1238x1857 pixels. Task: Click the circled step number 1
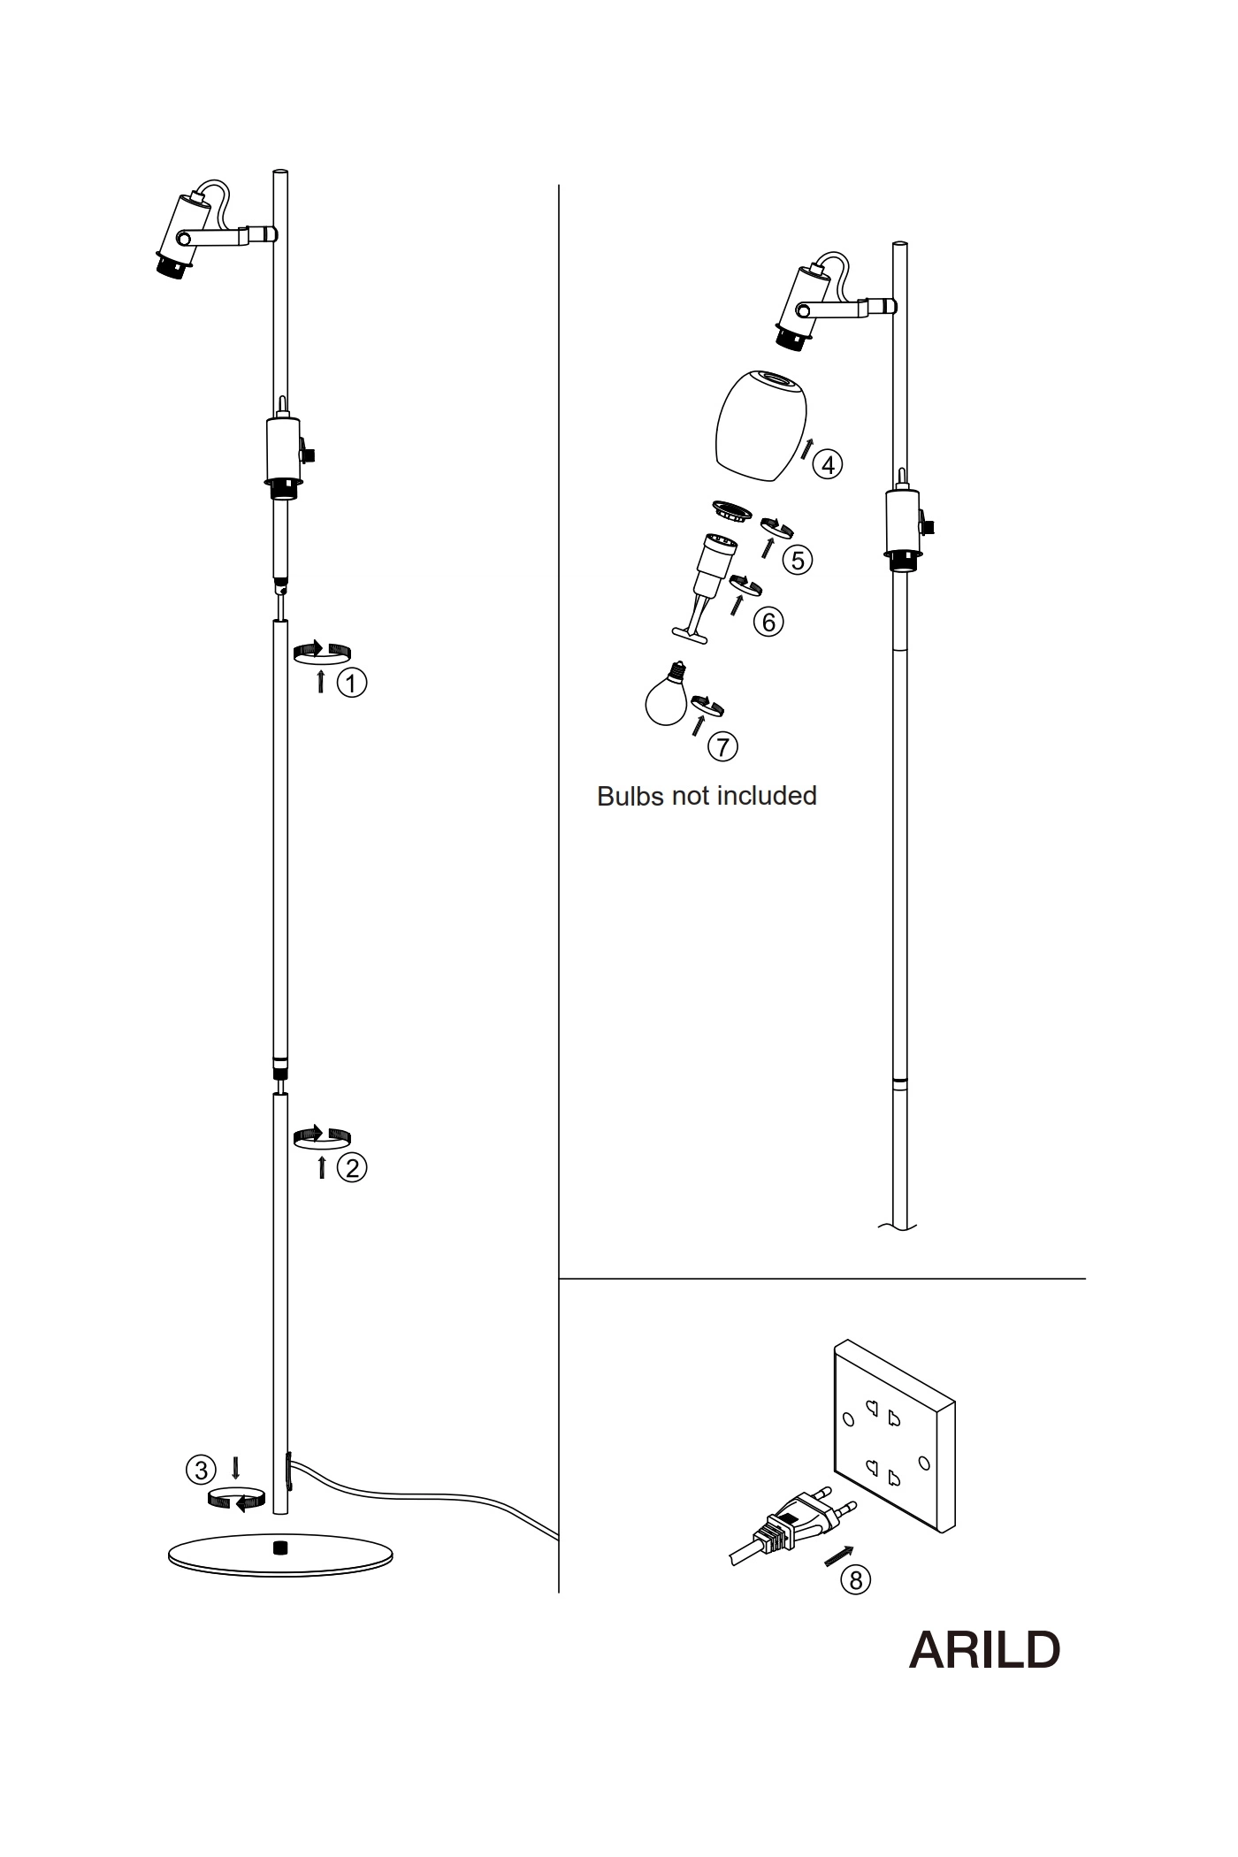pyautogui.click(x=352, y=683)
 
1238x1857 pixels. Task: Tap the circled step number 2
pyautogui.click(x=352, y=1167)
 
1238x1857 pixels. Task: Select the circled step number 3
pyautogui.click(x=201, y=1470)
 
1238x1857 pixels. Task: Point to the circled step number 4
pyautogui.click(x=827, y=464)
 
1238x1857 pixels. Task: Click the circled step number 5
pyautogui.click(x=798, y=560)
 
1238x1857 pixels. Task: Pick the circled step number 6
pyautogui.click(x=768, y=622)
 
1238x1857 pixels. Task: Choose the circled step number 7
pyautogui.click(x=722, y=747)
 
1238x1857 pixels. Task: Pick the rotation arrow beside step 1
pyautogui.click(x=322, y=653)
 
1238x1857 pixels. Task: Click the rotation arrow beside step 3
pyautogui.click(x=236, y=1498)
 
